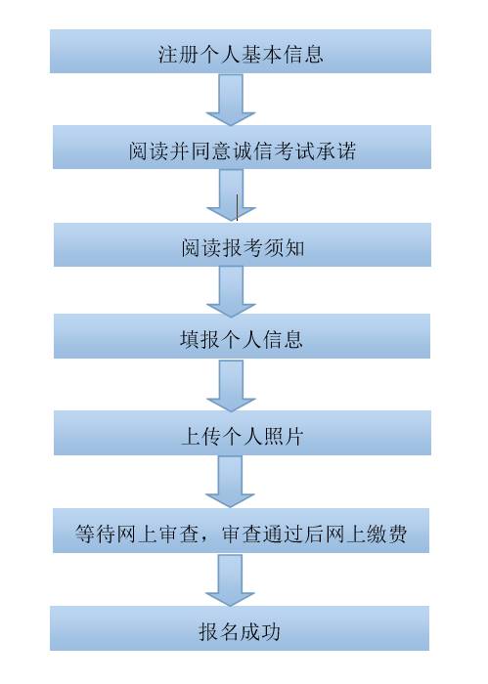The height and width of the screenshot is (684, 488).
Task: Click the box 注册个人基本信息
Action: [x=241, y=51]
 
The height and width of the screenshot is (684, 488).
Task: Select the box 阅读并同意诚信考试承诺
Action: [x=242, y=147]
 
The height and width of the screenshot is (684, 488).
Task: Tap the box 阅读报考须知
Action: [x=243, y=244]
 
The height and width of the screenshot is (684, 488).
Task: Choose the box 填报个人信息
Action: [x=242, y=336]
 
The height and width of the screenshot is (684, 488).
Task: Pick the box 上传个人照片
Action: [x=243, y=433]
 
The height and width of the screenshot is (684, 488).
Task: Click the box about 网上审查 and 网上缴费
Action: [x=241, y=531]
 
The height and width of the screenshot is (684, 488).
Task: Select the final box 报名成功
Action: [x=240, y=628]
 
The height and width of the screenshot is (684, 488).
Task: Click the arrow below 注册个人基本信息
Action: [x=231, y=100]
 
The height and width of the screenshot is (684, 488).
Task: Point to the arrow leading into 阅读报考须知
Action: [x=231, y=195]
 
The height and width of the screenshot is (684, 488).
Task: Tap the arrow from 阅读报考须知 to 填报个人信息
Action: [x=231, y=291]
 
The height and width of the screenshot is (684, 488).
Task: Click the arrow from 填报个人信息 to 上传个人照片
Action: [x=231, y=386]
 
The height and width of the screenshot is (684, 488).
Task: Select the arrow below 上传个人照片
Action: [x=230, y=482]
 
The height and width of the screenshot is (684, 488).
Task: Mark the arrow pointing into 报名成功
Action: [x=230, y=579]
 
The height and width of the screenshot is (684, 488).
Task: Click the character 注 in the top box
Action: [x=168, y=54]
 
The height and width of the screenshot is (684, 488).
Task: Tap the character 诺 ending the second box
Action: [x=345, y=150]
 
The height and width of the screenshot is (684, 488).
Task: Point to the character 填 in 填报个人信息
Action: [x=190, y=339]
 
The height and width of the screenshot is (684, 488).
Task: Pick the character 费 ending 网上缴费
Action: [x=397, y=534]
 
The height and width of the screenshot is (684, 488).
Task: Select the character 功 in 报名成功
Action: [x=270, y=631]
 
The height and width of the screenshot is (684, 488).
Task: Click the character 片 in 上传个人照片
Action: [x=292, y=436]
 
